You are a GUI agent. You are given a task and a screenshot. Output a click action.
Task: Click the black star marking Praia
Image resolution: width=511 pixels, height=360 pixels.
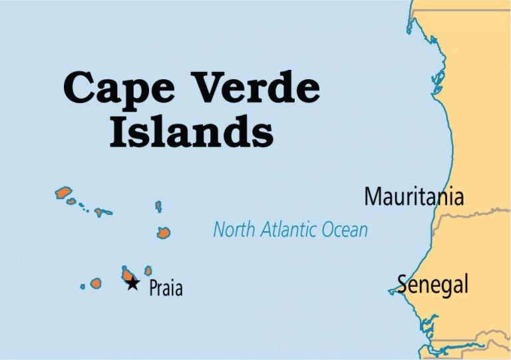[132, 284]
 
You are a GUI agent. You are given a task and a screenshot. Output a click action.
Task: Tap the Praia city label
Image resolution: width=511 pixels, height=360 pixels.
[166, 288]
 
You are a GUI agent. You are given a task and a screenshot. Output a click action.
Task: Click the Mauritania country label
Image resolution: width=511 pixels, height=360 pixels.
[413, 197]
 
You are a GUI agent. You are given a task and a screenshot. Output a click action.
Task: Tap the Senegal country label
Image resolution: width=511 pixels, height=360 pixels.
[433, 284]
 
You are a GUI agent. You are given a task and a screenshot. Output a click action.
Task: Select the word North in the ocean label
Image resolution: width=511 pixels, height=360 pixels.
[234, 230]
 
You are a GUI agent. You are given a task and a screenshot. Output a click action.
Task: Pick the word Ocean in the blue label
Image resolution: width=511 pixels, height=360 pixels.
[345, 230]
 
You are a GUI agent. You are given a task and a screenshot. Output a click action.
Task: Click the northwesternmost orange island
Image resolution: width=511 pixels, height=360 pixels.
[63, 193]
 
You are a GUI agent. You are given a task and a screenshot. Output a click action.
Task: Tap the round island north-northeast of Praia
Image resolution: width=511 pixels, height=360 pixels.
[163, 232]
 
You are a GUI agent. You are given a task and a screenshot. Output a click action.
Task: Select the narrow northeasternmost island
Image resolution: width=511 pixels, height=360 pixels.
[158, 206]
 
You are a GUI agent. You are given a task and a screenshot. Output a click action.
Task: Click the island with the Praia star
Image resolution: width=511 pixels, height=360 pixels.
[127, 273]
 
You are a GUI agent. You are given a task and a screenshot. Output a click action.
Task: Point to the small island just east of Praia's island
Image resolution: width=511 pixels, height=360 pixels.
[148, 271]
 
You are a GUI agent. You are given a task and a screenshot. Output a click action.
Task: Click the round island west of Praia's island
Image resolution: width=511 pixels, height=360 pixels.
[96, 283]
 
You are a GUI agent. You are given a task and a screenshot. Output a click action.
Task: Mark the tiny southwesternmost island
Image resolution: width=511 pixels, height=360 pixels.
[83, 287]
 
